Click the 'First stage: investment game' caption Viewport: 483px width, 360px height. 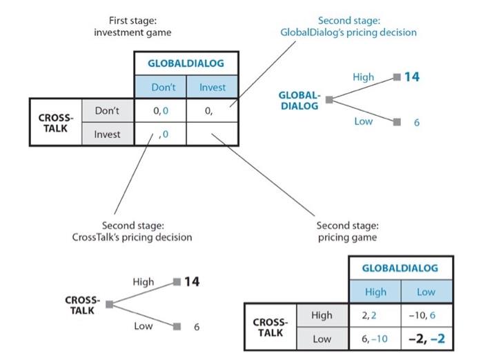132,27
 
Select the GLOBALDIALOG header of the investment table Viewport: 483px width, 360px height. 186,63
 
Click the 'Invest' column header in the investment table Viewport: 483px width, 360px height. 213,88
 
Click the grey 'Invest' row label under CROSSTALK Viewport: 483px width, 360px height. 107,134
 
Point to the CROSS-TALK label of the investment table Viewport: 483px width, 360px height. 54,122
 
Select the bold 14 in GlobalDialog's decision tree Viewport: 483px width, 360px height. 411,77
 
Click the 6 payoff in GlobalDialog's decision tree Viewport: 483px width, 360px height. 417,122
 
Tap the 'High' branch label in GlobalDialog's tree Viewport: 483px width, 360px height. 363,77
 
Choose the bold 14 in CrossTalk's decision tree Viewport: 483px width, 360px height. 192,281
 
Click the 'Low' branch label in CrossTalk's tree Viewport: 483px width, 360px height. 143,326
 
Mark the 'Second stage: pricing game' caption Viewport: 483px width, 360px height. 348,231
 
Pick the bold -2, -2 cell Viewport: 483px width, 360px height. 426,339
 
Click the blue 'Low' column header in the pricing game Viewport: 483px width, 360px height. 426,292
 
